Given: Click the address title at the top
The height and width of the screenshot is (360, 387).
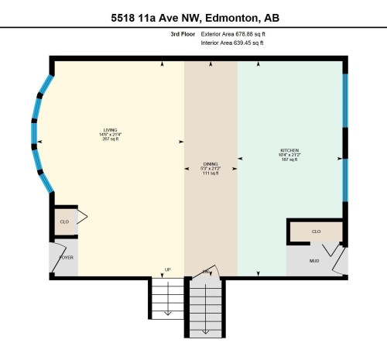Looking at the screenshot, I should pos(193,17).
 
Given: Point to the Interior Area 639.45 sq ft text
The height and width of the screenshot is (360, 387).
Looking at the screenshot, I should pos(232,44).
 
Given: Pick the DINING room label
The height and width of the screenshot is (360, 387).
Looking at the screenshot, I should pos(211,164).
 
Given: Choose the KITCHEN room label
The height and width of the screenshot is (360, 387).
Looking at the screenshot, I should pos(289,149).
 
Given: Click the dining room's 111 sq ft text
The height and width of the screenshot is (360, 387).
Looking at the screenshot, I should pos(211,173).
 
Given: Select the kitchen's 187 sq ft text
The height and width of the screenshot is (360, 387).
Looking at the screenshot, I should pos(289,159).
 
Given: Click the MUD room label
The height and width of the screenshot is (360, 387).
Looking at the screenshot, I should pos(314,261).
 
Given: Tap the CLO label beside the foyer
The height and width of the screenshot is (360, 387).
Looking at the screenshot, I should pos(64,222).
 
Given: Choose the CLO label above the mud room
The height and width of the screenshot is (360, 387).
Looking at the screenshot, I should pos(316,231).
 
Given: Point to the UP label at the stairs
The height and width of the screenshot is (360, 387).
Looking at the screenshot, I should pos(166,270).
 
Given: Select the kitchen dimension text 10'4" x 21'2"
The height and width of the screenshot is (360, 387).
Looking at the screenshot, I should pos(289,154).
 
